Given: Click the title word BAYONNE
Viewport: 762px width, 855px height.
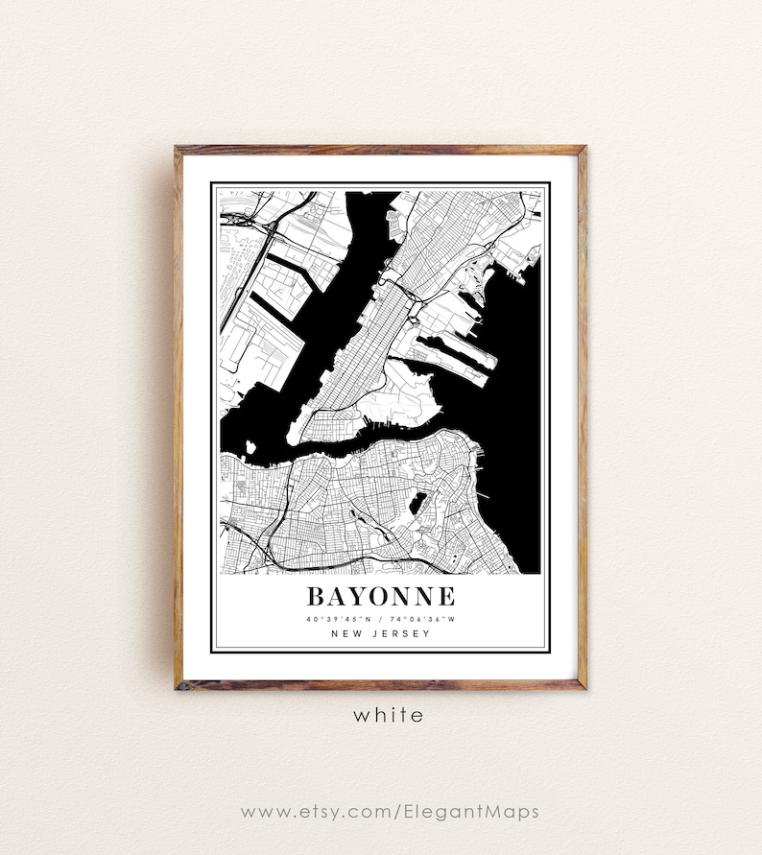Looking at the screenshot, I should [381, 596].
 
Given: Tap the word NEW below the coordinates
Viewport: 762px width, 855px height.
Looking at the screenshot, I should [345, 633].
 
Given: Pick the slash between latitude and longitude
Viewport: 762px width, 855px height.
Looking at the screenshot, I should [381, 619].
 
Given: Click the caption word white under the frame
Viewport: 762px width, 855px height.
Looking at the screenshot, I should [387, 715].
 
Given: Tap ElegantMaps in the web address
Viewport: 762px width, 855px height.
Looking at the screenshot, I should [467, 812].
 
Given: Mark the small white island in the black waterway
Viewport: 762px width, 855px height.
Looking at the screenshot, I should [250, 446].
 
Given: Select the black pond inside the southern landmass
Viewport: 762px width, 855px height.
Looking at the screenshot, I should [417, 502].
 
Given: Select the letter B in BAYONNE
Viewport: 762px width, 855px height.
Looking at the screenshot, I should [316, 596].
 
